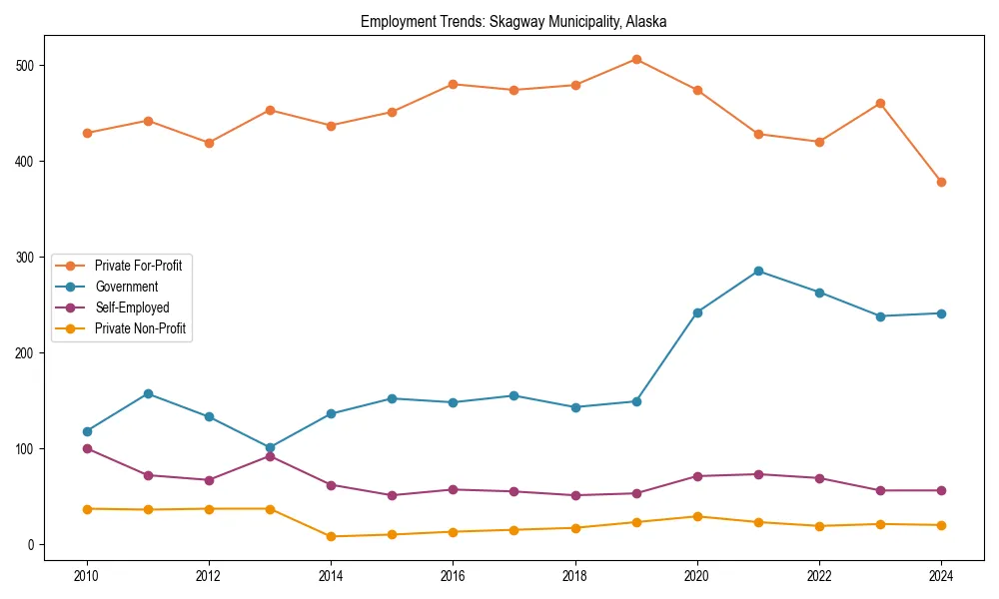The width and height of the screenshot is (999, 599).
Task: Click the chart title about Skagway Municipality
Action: coord(513,21)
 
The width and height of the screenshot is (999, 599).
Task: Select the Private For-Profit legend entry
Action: coord(138,266)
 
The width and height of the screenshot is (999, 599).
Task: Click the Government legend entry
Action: coord(126,287)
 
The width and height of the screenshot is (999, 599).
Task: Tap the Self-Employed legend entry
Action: coord(132,307)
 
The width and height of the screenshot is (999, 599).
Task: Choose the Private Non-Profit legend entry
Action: coord(140,328)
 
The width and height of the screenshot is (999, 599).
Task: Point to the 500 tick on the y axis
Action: coord(26,66)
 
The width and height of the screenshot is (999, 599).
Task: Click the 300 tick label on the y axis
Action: coord(26,258)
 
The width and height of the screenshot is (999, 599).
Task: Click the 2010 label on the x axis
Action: coord(87,576)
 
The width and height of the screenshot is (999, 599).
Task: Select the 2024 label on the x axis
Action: coord(941,576)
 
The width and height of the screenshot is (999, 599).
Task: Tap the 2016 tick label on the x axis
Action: coord(453,576)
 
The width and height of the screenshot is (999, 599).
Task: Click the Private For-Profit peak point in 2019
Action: coord(636,59)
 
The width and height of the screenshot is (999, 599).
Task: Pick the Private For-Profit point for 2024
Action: coord(941,182)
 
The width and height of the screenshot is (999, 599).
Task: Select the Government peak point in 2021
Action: coord(758,271)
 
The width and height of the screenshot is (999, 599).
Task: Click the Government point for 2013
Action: coord(270,448)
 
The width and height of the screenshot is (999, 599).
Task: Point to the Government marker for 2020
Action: coord(697,312)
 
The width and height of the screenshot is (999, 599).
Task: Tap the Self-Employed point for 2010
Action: coord(87,448)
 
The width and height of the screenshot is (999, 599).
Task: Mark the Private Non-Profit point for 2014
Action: coord(331,536)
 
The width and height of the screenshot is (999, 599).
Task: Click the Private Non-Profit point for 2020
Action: coord(697,516)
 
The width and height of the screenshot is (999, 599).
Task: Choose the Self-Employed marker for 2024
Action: coord(941,490)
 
